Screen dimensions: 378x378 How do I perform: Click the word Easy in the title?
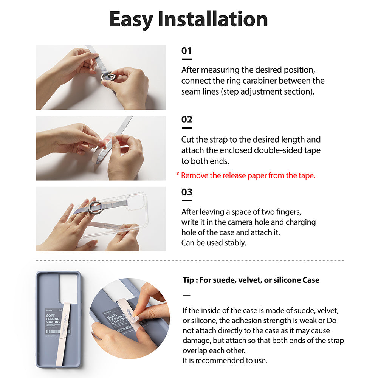pos(131,19)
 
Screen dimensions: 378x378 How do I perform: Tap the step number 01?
pos(187,51)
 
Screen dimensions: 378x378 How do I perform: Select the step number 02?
pos(187,120)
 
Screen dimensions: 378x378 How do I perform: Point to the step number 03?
pos(187,192)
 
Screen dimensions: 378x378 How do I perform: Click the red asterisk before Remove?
pos(178,175)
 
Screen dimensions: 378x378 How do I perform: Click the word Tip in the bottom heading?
pos(189,280)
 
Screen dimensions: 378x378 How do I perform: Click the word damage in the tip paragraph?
pos(196,341)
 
